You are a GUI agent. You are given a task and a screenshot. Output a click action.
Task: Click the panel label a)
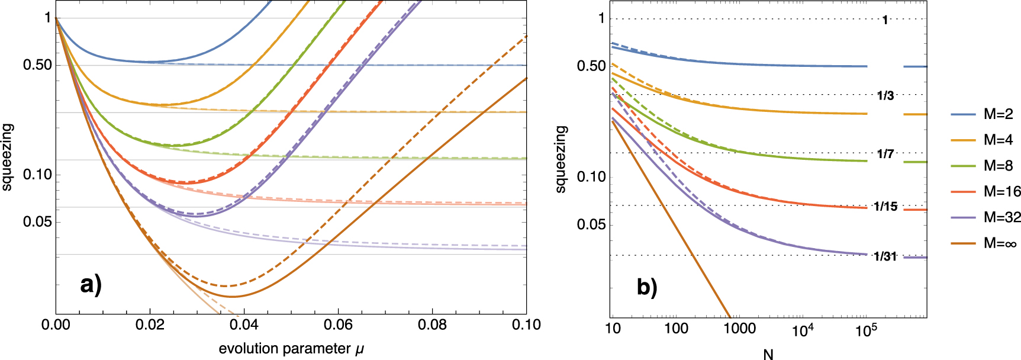coord(91,285)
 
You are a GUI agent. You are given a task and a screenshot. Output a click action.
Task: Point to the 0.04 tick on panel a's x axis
coord(244,325)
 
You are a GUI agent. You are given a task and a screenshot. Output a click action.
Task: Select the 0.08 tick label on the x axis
coord(432,325)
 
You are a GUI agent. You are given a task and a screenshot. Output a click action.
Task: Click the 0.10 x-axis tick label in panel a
coord(526,325)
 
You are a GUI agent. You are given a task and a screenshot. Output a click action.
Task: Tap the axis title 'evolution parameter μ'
coord(291,349)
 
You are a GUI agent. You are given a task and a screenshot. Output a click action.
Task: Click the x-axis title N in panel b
coord(768,354)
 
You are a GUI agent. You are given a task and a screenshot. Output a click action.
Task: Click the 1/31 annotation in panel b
coord(885,256)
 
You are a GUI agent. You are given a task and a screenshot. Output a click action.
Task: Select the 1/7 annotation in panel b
coord(885,154)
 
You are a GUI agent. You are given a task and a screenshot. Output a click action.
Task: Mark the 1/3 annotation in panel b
coord(885,95)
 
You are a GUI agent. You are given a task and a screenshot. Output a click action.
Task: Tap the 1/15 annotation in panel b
coord(885,206)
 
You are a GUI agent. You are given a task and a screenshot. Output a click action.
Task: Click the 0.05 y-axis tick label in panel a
coord(38,222)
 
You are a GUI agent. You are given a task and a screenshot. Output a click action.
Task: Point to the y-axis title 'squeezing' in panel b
coord(561,159)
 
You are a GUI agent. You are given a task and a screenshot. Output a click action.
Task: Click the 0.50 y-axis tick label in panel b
coord(591,66)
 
